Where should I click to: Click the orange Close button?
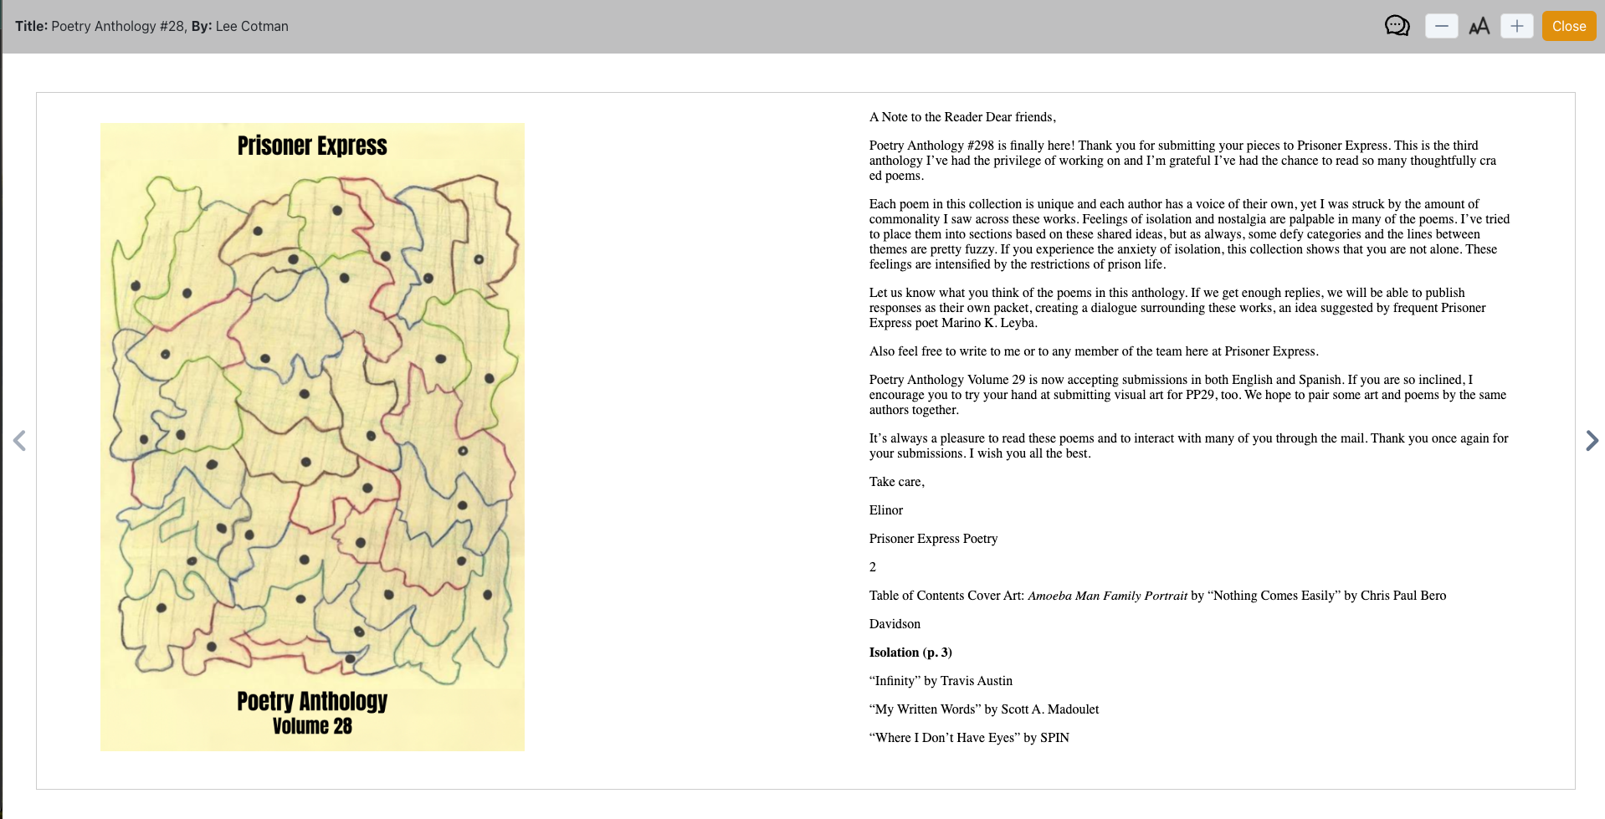point(1568,26)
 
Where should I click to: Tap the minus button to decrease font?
point(1441,26)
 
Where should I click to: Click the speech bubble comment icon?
point(1397,26)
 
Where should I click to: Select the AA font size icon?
point(1479,26)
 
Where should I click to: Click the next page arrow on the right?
point(1592,440)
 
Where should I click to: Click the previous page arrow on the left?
point(19,440)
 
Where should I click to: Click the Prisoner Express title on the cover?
point(312,146)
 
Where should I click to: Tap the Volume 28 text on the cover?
point(312,726)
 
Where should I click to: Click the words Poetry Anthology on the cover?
point(312,701)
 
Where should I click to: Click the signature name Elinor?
point(885,510)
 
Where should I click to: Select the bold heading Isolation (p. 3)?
point(910,653)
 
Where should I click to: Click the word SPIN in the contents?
point(1054,738)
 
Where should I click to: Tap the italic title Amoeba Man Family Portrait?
point(1107,596)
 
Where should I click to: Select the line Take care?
point(896,482)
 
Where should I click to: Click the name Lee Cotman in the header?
point(252,26)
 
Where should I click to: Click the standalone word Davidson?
point(895,624)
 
